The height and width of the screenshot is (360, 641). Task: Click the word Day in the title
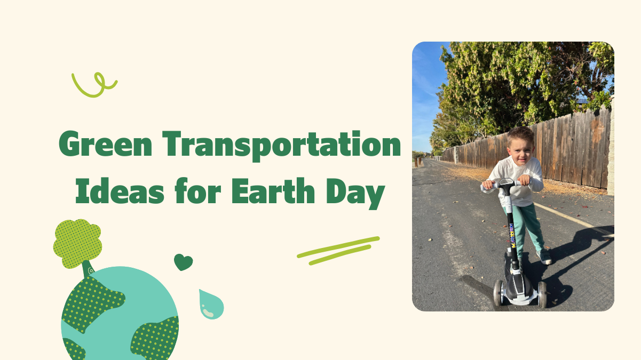(x=358, y=193)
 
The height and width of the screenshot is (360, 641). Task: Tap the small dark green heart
(x=183, y=262)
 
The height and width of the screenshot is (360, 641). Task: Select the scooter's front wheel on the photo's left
(x=498, y=292)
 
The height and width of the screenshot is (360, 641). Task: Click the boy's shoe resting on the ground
(x=545, y=258)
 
